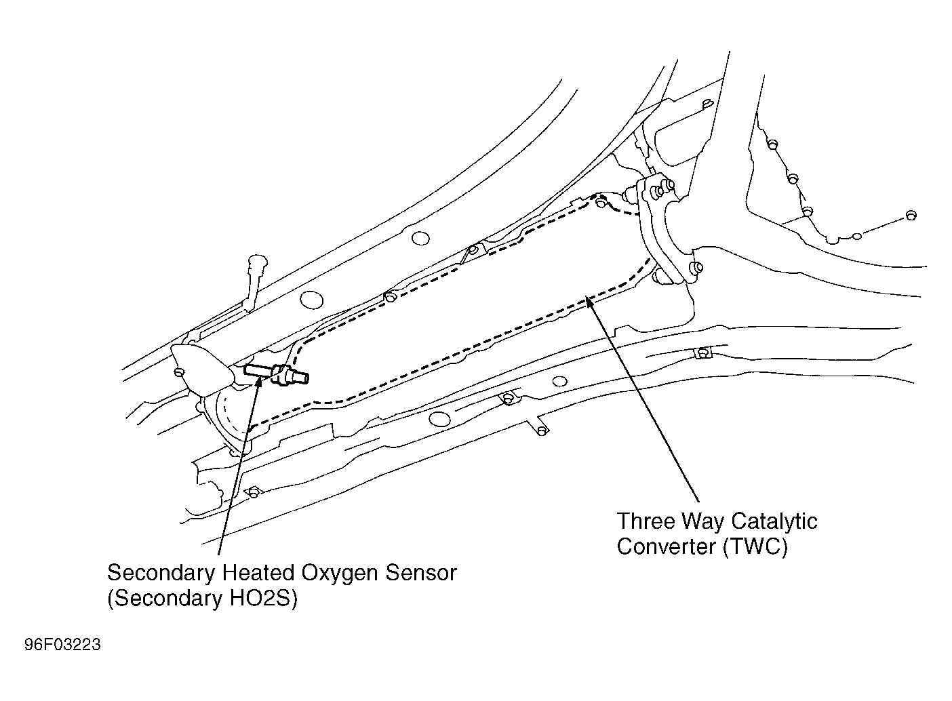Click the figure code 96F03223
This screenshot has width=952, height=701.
click(x=62, y=645)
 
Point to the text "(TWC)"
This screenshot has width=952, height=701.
click(x=755, y=546)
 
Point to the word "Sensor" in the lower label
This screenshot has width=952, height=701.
click(x=420, y=573)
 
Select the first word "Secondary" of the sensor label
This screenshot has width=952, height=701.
click(x=161, y=573)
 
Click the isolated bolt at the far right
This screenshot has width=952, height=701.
click(x=910, y=216)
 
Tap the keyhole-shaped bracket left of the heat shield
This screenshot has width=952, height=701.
click(x=256, y=271)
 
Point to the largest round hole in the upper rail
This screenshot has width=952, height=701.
click(x=311, y=298)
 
